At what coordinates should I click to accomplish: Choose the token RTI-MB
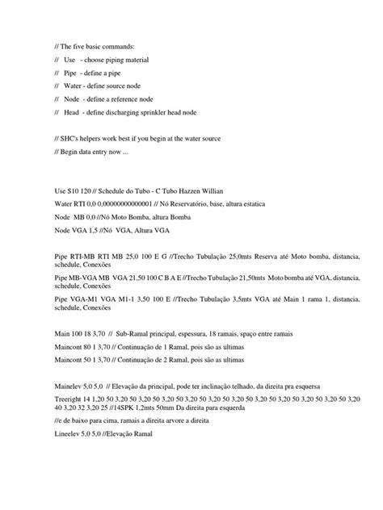(82, 257)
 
